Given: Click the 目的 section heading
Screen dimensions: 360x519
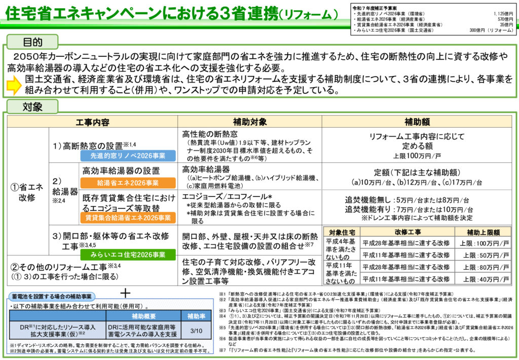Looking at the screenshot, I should point(32,43).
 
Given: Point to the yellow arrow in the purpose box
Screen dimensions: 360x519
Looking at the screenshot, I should point(14,85).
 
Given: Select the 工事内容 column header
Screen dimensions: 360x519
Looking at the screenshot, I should point(92,122).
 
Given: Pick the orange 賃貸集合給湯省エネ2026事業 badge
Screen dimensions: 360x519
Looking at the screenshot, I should point(128,218).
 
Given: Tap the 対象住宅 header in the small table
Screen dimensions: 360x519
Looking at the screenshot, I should point(341,232).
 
